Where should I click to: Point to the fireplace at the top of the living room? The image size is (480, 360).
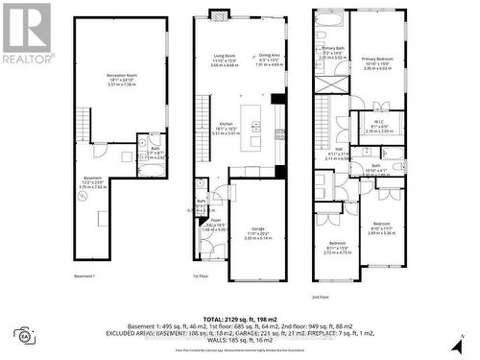(x=219, y=13)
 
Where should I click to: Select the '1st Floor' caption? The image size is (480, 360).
(x=203, y=276)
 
